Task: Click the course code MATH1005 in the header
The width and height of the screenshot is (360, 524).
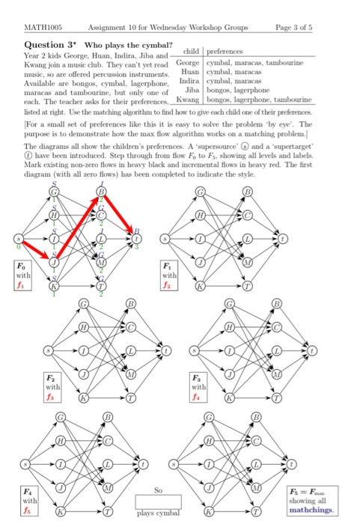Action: pyautogui.click(x=42, y=27)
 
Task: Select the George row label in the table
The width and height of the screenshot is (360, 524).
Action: pyautogui.click(x=188, y=65)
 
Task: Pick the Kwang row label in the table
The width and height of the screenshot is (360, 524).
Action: pyautogui.click(x=188, y=97)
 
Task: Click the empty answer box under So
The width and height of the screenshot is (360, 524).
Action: pyautogui.click(x=157, y=499)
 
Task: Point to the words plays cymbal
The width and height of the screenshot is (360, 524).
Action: pyautogui.click(x=157, y=514)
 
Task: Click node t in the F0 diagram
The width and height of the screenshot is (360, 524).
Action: pyautogui.click(x=135, y=239)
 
